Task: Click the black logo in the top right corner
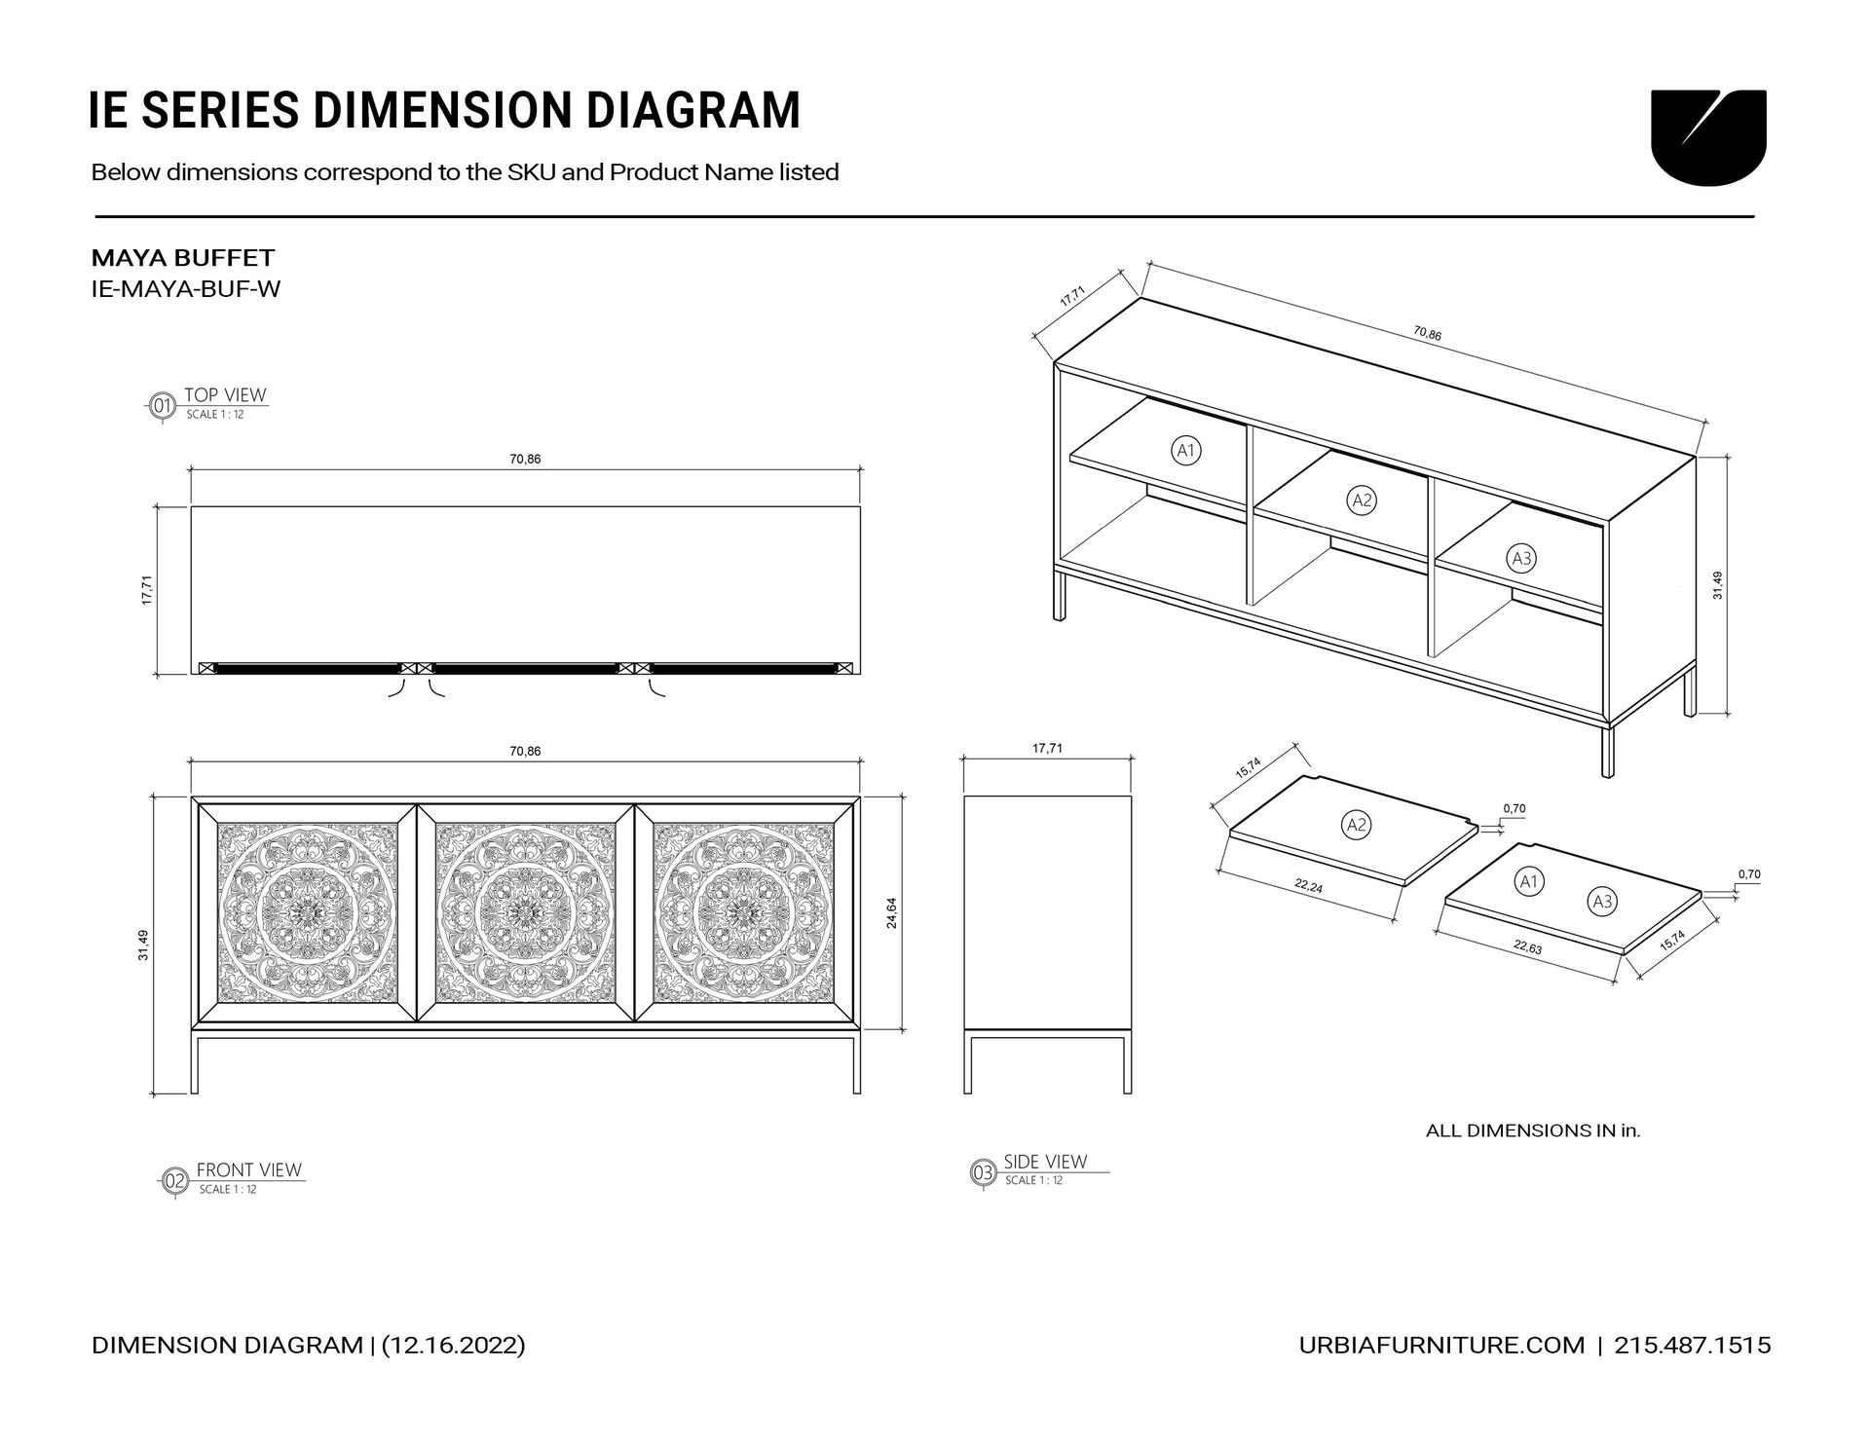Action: click(x=1708, y=136)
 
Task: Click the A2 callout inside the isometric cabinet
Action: click(x=1362, y=500)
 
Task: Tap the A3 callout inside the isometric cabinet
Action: click(x=1521, y=558)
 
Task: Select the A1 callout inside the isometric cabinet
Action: click(x=1185, y=450)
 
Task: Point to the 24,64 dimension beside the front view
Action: click(x=891, y=912)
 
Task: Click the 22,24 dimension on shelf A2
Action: click(x=1308, y=886)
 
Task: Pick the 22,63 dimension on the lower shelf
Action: click(x=1527, y=946)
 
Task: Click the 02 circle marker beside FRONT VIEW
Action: click(x=174, y=1181)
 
